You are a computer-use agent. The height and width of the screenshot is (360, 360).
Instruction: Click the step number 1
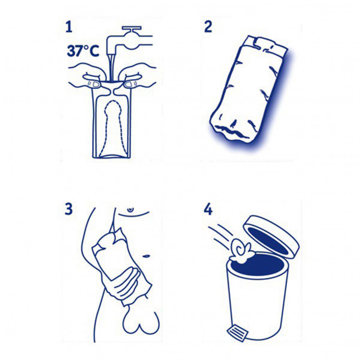pyautogui.click(x=71, y=26)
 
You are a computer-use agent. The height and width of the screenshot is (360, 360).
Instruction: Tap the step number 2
pyautogui.click(x=208, y=26)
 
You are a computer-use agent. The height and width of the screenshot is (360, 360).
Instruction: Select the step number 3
pyautogui.click(x=71, y=210)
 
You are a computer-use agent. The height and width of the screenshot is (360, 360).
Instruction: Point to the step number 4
pyautogui.click(x=208, y=210)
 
